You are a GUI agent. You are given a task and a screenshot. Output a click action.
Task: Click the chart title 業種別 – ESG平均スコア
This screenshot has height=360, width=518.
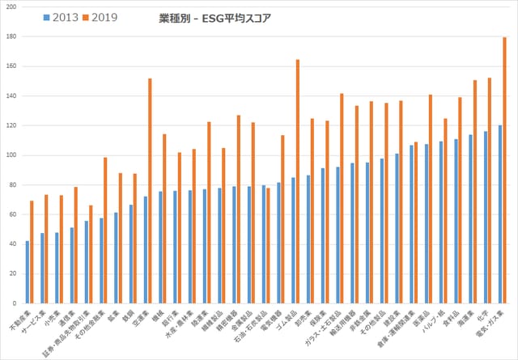(214, 17)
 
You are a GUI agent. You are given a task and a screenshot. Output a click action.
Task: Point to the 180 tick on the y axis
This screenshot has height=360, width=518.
(11, 36)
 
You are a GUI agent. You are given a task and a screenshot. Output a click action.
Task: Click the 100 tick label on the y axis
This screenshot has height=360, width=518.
(11, 155)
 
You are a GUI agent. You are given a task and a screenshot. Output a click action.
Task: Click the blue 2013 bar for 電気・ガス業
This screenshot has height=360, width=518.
(499, 214)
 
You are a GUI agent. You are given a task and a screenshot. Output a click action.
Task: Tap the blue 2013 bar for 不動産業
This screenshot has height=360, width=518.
(28, 272)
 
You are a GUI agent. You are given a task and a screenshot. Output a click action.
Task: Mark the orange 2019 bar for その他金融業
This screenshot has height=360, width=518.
(105, 231)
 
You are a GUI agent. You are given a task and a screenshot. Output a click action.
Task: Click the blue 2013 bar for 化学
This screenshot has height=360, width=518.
(485, 218)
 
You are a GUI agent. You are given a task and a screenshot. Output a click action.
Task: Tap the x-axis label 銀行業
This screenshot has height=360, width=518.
(172, 316)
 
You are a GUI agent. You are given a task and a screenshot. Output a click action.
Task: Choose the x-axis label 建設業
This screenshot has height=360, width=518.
(394, 316)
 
